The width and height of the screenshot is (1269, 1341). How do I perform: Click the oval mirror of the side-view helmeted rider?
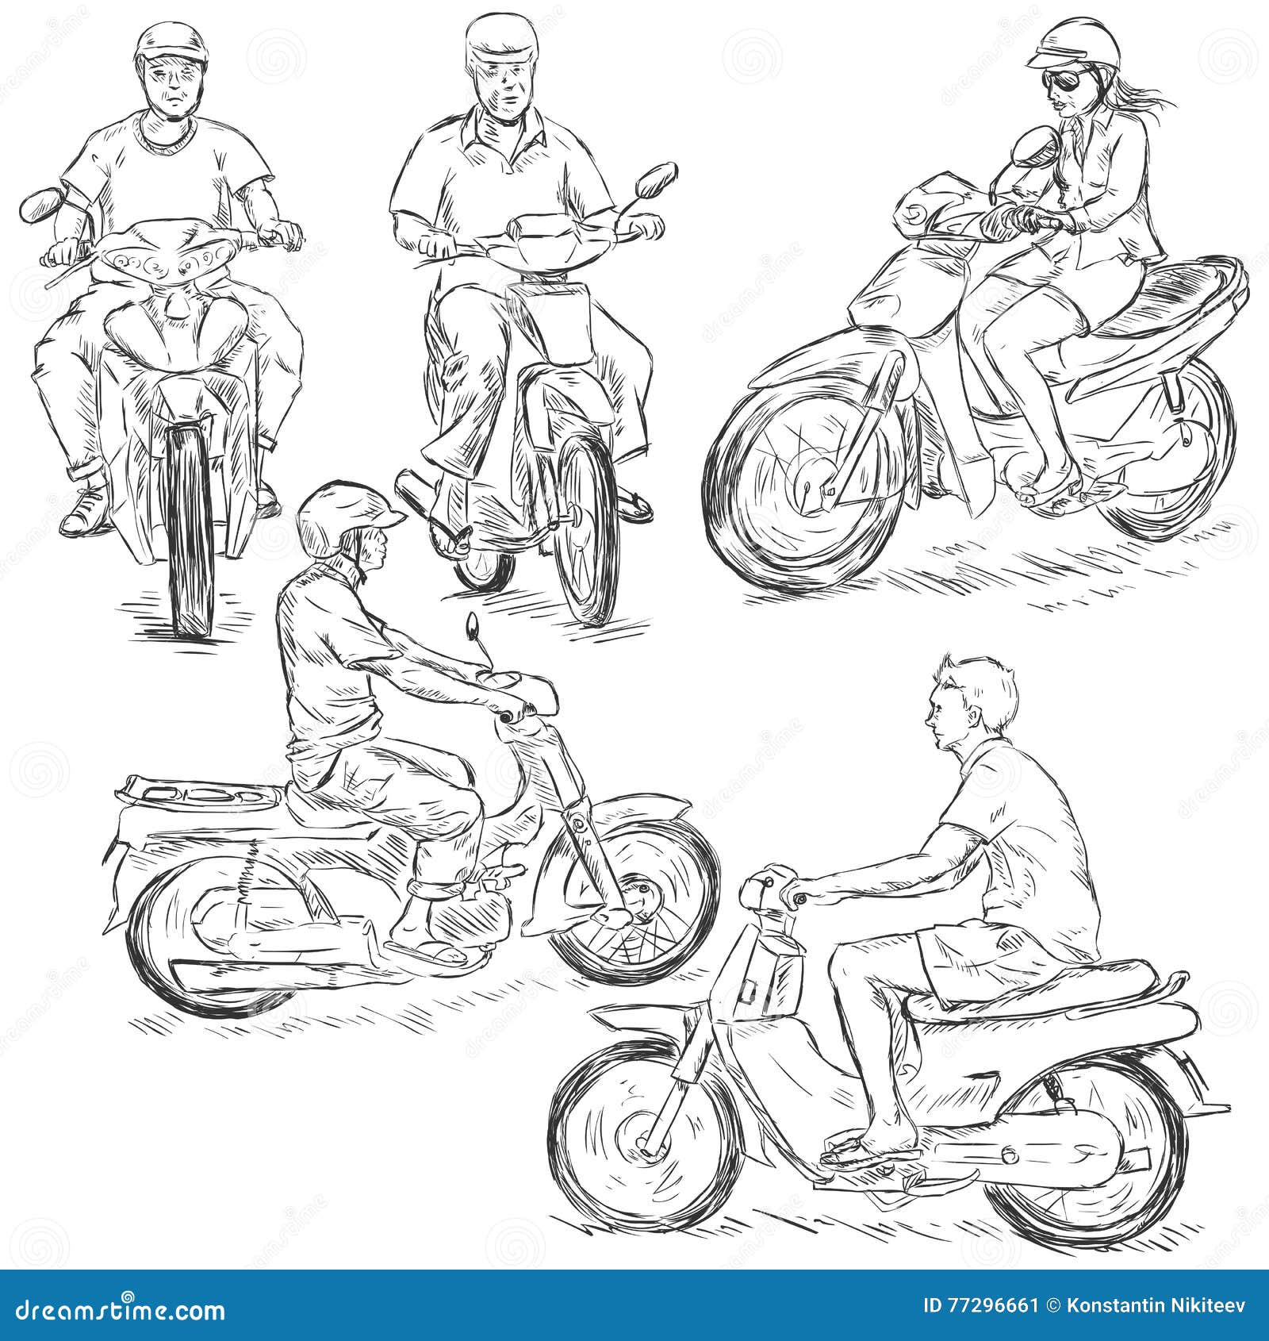click(473, 626)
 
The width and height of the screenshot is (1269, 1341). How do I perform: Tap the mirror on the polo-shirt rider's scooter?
click(655, 182)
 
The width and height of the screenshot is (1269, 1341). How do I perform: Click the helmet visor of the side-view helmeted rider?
click(393, 518)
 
